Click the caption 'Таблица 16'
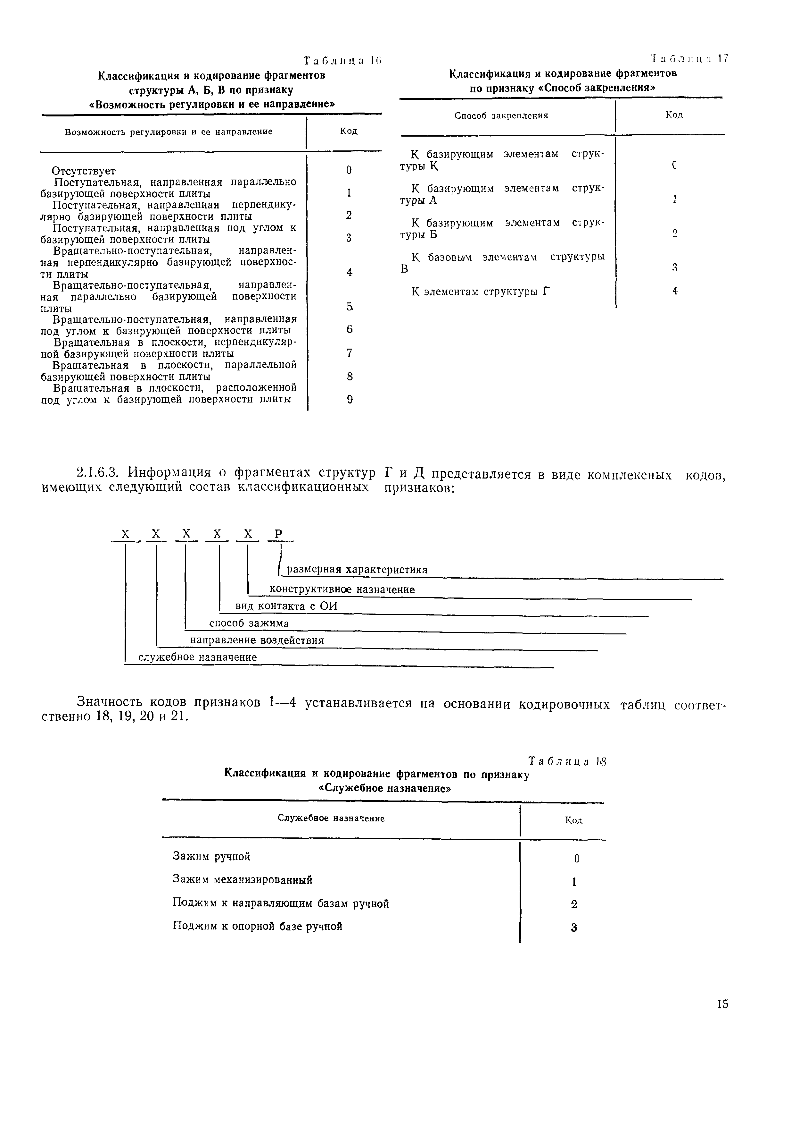pyautogui.click(x=342, y=61)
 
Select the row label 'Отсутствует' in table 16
pyautogui.click(x=84, y=171)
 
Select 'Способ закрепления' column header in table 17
pyautogui.click(x=501, y=116)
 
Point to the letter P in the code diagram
pyautogui.click(x=278, y=534)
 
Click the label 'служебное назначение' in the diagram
pyautogui.click(x=197, y=657)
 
